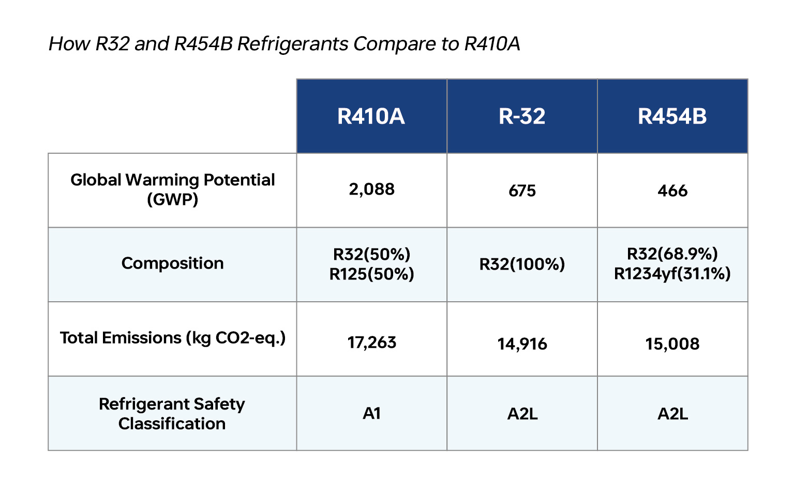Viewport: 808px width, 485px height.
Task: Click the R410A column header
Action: pos(371,116)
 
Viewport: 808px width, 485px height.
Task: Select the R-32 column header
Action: pos(522,116)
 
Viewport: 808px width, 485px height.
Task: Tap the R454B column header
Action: pos(672,116)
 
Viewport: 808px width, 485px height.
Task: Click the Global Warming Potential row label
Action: pos(172,189)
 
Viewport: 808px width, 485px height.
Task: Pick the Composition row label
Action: pos(172,263)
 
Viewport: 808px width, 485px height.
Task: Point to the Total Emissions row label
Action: pos(172,338)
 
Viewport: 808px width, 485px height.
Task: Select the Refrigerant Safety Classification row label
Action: pos(172,414)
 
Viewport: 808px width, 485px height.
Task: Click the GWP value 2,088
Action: pos(371,189)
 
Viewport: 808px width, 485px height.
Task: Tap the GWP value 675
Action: pos(522,191)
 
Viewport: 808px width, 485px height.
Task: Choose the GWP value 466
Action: pos(672,191)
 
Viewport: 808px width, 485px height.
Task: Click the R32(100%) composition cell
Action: pos(522,264)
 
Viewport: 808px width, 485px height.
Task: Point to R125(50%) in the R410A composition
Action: pos(371,274)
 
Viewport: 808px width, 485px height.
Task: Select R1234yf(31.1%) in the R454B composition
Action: pos(672,274)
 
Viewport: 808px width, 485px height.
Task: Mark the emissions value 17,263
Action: pos(371,343)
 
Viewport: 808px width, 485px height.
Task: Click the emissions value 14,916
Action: pos(522,344)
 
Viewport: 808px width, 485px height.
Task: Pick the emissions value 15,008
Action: pos(672,344)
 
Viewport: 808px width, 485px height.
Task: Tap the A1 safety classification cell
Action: pos(371,414)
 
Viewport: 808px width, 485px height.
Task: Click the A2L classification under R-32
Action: pos(522,414)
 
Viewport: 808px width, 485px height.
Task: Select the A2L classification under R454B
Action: pos(672,414)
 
